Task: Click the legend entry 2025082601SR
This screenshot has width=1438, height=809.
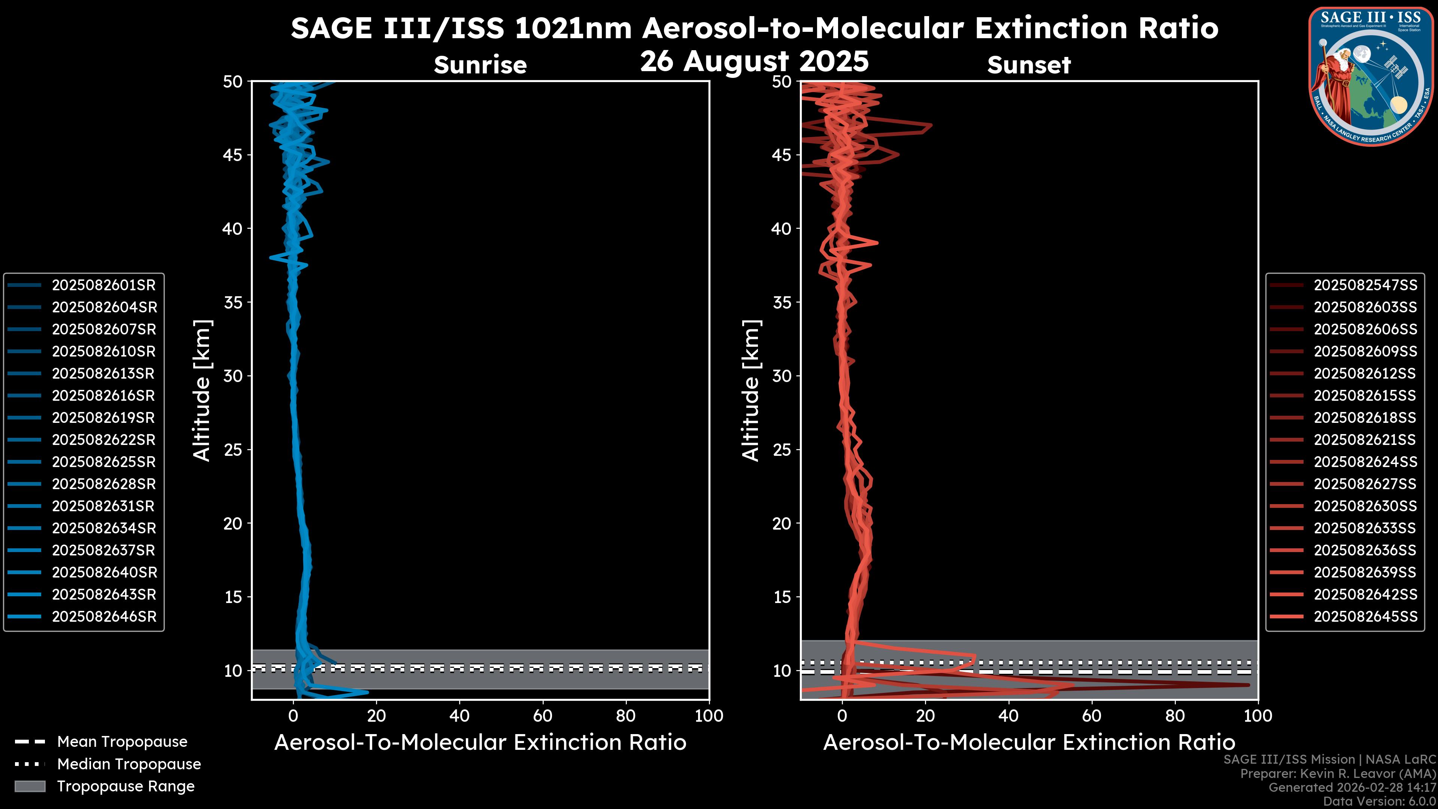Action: tap(104, 285)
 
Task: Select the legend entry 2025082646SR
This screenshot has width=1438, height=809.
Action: tap(104, 617)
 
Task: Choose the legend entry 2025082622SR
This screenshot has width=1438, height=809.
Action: tap(104, 440)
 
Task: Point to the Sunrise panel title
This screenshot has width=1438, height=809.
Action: tap(480, 65)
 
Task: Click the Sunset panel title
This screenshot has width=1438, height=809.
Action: tap(1029, 65)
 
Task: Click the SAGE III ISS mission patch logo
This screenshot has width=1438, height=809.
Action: tap(1370, 76)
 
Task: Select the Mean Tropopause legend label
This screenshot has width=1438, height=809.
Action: tap(122, 742)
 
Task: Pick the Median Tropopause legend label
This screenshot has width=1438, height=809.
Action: tap(129, 764)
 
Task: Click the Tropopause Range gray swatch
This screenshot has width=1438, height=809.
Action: tap(30, 786)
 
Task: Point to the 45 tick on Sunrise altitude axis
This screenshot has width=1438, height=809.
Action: tap(233, 155)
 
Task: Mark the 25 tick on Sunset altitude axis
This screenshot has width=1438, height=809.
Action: tap(782, 450)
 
